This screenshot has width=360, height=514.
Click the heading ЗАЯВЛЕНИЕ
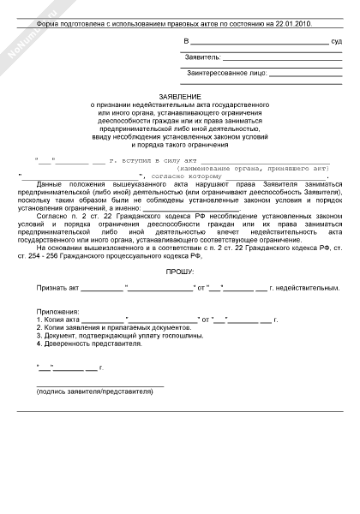tap(179, 97)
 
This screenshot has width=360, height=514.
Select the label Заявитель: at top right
tap(202, 57)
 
